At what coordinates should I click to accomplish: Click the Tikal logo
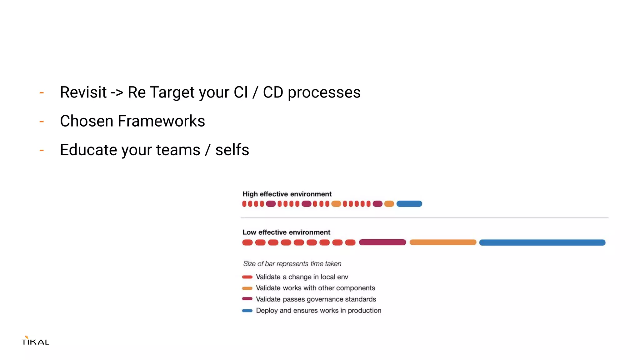[x=35, y=341]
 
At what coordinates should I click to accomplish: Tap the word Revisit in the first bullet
[x=83, y=92]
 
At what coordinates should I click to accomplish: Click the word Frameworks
[x=161, y=121]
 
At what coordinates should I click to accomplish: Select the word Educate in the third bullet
[x=88, y=150]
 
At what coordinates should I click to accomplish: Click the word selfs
[x=232, y=150]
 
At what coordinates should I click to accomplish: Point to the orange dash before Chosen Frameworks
[x=42, y=122]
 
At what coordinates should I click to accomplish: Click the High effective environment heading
[x=287, y=194]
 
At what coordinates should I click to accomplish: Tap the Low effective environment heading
[x=286, y=232]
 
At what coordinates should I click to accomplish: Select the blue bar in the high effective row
[x=409, y=204]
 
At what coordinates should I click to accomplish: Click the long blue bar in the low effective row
[x=542, y=242]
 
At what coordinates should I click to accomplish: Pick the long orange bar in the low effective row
[x=443, y=242]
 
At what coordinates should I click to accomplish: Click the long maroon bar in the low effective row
[x=382, y=242]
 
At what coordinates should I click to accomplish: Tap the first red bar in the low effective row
[x=247, y=242]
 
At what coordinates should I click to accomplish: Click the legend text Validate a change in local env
[x=302, y=277]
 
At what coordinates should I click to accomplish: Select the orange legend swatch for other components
[x=247, y=288]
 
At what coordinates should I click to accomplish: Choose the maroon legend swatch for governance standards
[x=247, y=299]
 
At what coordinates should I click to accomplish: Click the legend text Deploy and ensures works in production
[x=318, y=310]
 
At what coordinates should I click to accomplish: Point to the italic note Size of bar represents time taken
[x=292, y=264]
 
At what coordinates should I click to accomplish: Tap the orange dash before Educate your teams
[x=42, y=150]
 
